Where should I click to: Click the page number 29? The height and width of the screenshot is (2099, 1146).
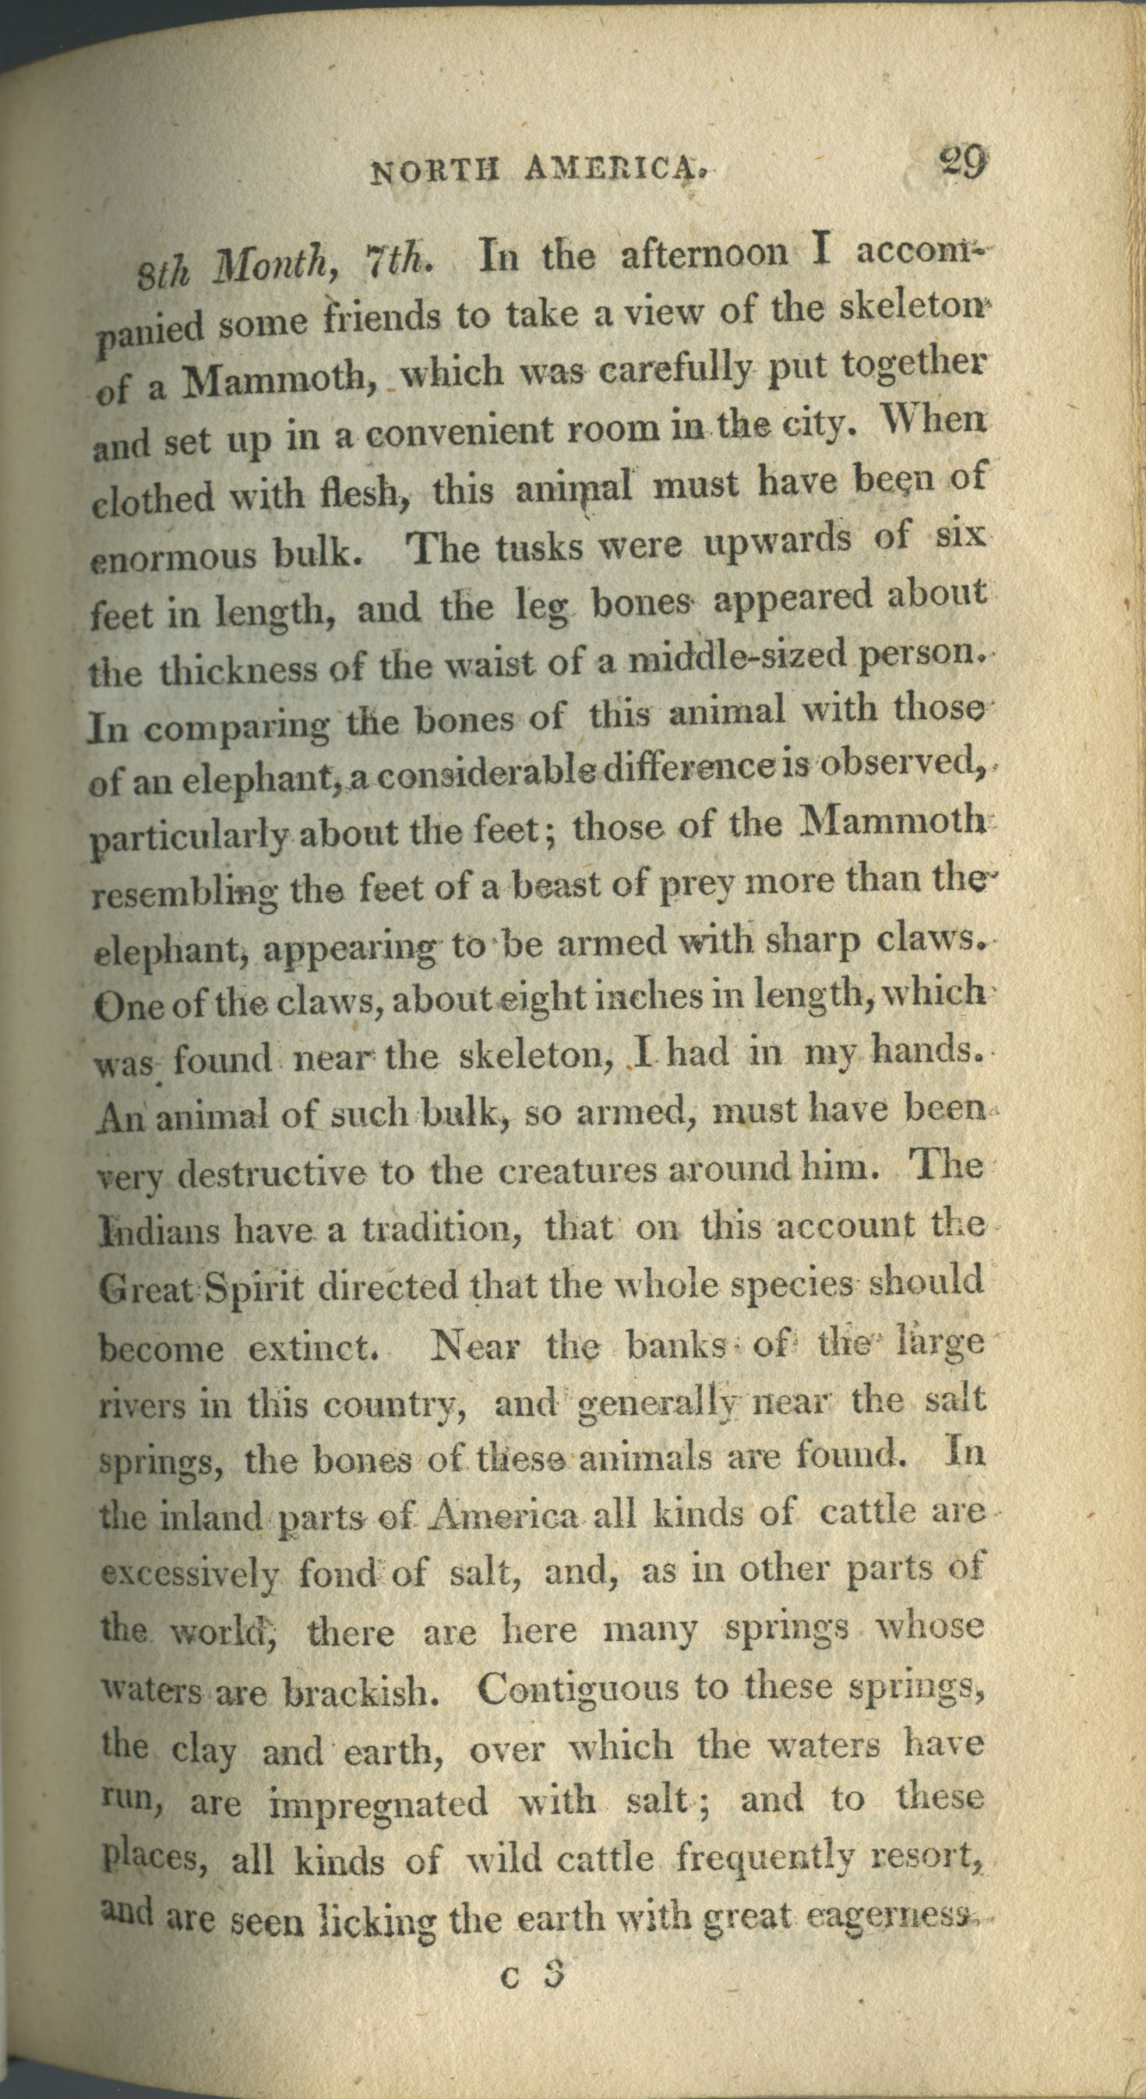coord(963,162)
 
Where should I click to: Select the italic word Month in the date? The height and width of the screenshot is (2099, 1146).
coord(276,265)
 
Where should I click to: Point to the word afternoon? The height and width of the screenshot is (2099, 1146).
coord(704,253)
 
